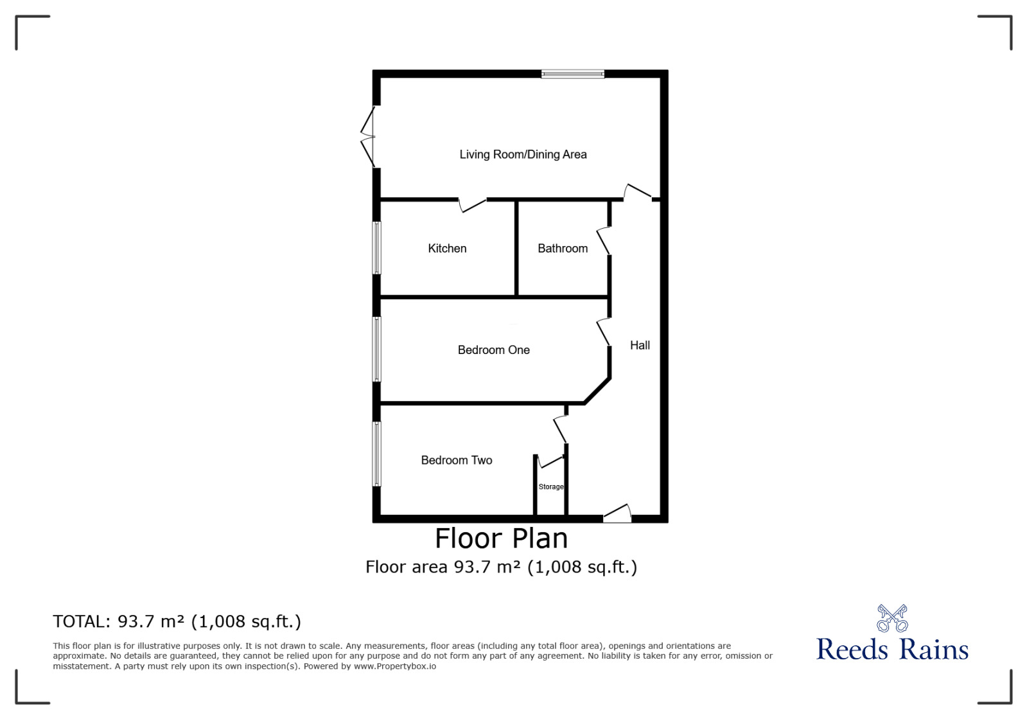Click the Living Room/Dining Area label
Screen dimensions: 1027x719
point(523,154)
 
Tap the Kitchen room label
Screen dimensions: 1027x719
point(447,249)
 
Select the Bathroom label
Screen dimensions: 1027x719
point(563,249)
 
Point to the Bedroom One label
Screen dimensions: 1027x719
point(494,350)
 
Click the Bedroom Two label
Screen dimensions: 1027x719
point(457,460)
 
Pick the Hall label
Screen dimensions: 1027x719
point(640,345)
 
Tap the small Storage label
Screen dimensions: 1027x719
point(550,486)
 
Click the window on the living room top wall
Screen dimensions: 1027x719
point(573,74)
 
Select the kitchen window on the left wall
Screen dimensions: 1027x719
point(376,248)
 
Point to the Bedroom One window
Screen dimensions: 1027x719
point(376,349)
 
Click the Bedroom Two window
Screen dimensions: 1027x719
point(376,454)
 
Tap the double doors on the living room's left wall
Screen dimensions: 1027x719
point(367,137)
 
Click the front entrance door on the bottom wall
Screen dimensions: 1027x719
point(617,513)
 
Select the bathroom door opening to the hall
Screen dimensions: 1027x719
point(603,241)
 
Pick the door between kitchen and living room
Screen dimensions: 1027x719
point(473,205)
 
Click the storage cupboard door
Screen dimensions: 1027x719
point(550,461)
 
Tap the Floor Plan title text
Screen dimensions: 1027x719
point(501,538)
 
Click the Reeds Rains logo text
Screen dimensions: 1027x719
point(892,650)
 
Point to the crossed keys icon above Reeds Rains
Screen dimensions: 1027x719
point(892,618)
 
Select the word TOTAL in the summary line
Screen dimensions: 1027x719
point(82,622)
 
